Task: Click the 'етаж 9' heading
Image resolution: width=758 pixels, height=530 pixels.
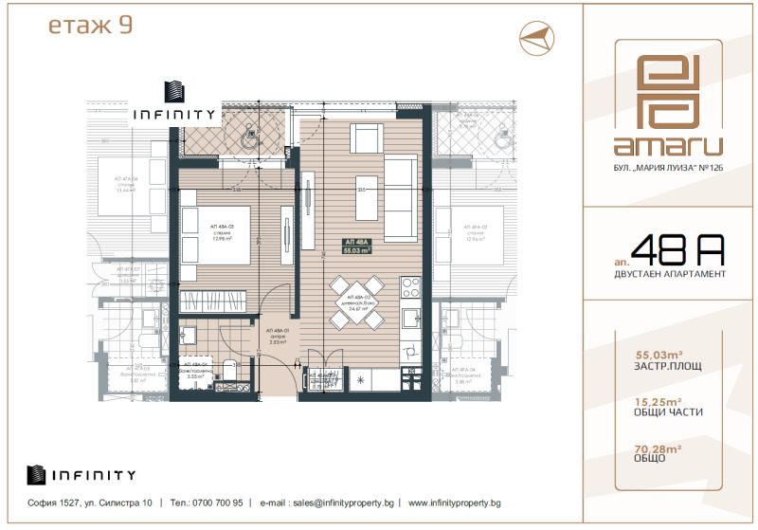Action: [x=90, y=27]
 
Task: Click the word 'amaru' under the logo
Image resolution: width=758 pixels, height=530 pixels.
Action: [x=668, y=146]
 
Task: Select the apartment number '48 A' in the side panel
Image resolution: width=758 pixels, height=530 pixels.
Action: [x=677, y=250]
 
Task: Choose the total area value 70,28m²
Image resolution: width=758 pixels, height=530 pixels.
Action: [x=641, y=448]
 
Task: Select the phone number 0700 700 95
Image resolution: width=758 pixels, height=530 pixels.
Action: [x=215, y=503]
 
